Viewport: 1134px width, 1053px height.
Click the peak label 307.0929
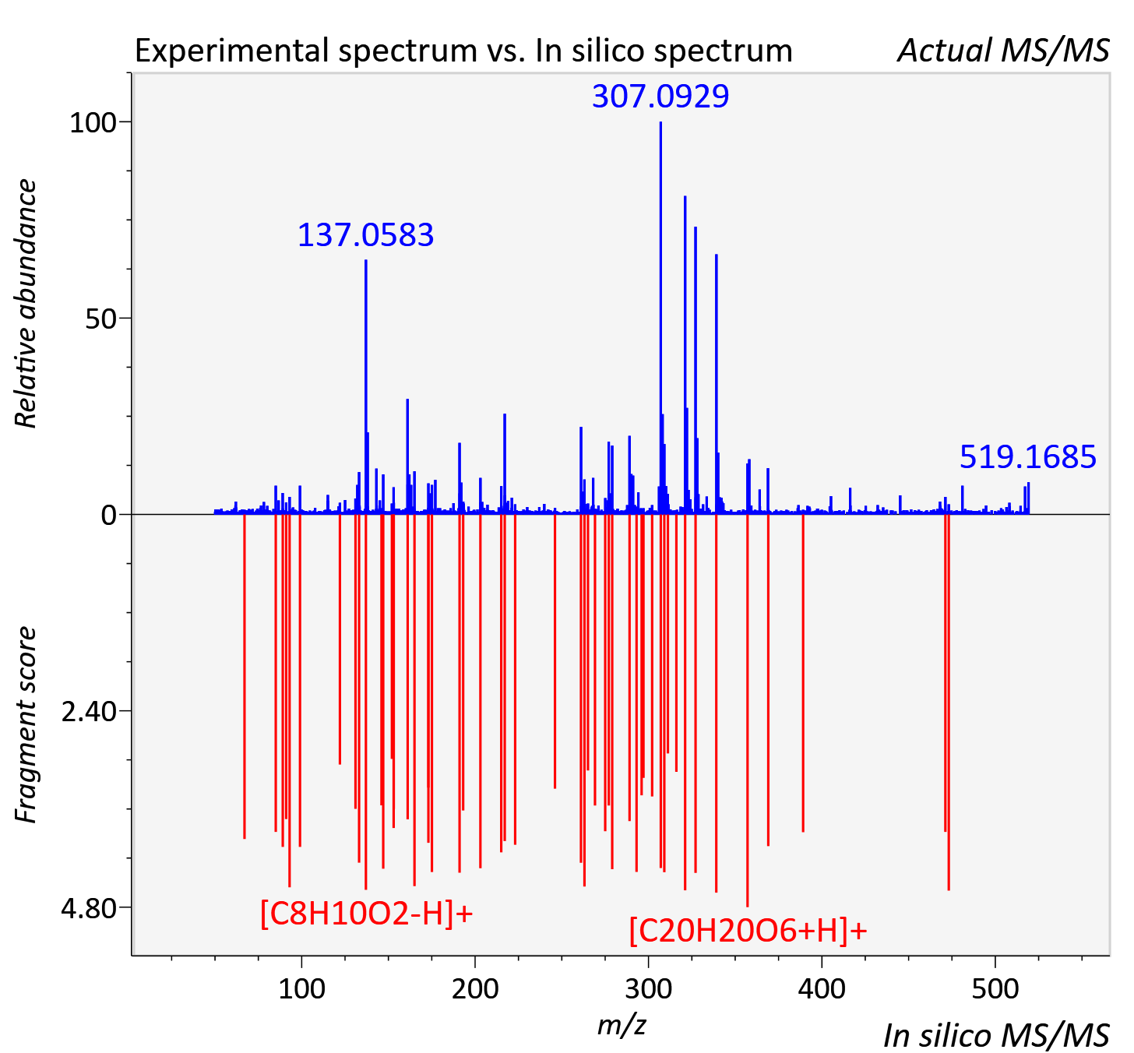tap(660, 96)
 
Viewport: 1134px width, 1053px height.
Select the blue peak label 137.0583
tap(365, 234)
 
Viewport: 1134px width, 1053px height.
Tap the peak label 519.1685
tap(1028, 457)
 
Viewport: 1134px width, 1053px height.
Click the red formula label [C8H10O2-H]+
tap(367, 913)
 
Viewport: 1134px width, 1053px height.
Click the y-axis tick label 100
tap(93, 123)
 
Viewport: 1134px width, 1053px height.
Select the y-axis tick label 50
tap(100, 319)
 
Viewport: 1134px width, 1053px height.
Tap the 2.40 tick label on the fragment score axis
tap(89, 712)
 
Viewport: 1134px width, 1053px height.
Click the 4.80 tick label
tap(89, 908)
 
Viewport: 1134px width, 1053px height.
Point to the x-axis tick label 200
tap(475, 989)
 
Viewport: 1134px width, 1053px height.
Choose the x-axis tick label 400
tap(822, 989)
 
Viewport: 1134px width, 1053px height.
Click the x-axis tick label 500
tap(995, 989)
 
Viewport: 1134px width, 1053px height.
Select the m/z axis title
tap(622, 1025)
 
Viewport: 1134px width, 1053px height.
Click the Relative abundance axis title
tap(25, 303)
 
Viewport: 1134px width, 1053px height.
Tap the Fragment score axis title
tap(25, 724)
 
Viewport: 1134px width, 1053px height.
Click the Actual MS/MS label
tap(1003, 51)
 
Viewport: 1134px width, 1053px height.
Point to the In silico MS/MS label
tap(996, 1035)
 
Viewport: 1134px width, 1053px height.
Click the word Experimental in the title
tap(234, 51)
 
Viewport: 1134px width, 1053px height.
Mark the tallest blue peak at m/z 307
tap(660, 318)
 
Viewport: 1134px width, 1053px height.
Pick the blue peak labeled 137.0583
tap(366, 387)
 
